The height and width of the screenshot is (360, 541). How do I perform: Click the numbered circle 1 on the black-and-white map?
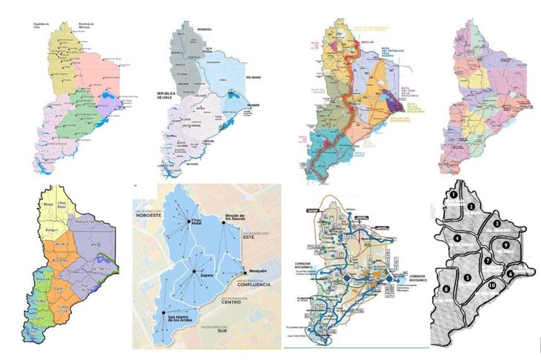click(451, 194)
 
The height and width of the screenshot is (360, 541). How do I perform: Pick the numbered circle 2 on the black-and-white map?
click(471, 206)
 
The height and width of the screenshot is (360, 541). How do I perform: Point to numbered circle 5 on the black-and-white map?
click(467, 279)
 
